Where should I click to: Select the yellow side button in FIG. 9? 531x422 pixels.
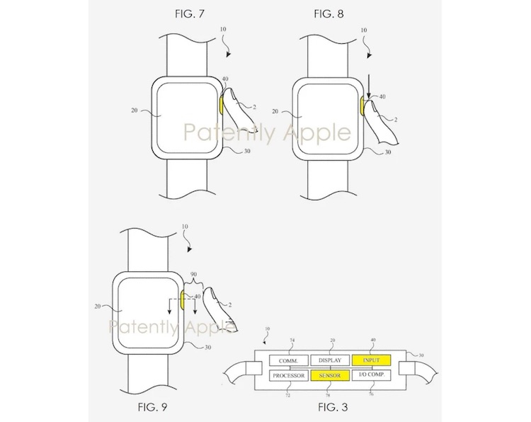click(182, 298)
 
